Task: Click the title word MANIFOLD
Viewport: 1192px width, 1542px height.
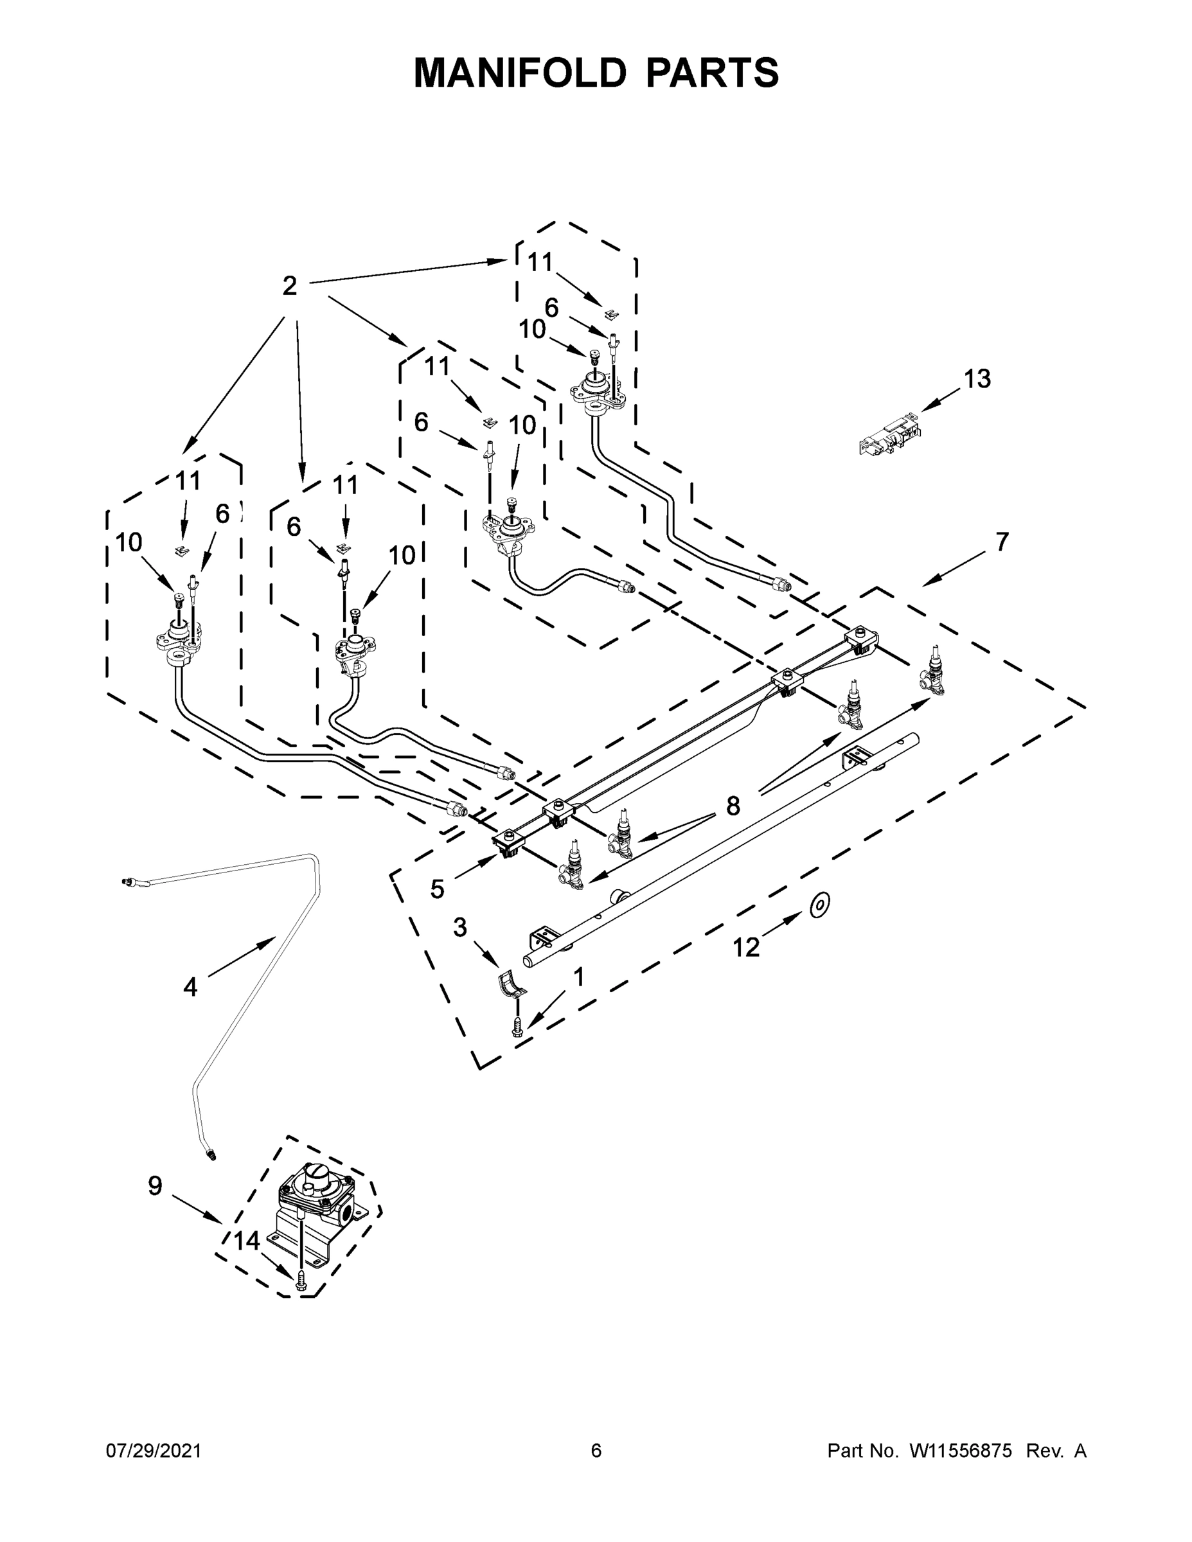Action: tap(519, 73)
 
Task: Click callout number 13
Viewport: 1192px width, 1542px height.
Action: tap(977, 379)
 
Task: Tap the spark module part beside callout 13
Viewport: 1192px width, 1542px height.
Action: tap(891, 435)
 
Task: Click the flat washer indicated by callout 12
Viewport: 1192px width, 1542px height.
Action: tap(819, 905)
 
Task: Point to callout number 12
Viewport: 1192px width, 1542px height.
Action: tap(745, 948)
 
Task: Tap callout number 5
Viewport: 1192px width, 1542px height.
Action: tap(438, 890)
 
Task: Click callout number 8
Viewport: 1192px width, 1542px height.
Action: tap(733, 805)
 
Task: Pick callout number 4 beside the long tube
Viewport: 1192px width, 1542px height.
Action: tap(190, 987)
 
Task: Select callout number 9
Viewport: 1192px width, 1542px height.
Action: tap(156, 1185)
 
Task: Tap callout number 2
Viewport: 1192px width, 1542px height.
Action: tap(290, 286)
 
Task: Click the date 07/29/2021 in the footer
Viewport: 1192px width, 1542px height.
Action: tap(154, 1450)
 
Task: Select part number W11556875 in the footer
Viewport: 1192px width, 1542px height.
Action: tap(961, 1450)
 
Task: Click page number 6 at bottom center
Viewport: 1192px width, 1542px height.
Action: tap(596, 1450)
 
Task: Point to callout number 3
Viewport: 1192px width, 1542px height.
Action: tap(459, 928)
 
